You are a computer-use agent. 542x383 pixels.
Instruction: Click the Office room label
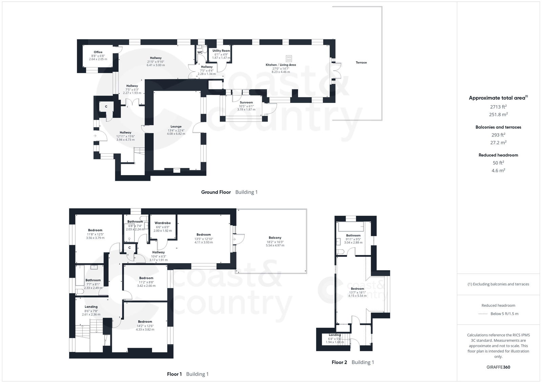click(98, 52)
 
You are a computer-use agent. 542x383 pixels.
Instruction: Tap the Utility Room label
click(221, 51)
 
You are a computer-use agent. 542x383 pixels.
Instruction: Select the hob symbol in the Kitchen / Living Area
click(289, 58)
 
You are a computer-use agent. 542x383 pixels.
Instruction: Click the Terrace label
click(361, 63)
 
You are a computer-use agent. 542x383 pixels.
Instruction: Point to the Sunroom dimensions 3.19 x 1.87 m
click(246, 110)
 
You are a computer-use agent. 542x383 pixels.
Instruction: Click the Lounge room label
click(176, 127)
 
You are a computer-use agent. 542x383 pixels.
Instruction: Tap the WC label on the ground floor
click(200, 52)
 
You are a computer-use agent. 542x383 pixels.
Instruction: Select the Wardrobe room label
click(163, 223)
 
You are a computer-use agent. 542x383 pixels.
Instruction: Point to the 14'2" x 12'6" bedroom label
click(145, 322)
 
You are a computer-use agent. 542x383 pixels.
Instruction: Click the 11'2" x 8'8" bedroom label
click(146, 278)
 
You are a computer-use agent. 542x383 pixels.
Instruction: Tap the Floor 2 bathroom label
click(353, 235)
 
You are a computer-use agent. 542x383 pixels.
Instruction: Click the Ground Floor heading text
click(216, 192)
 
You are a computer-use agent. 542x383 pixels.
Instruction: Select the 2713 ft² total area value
click(498, 107)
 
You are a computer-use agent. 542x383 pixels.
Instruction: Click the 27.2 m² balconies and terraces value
click(498, 143)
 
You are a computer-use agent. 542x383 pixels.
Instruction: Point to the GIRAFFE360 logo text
click(498, 367)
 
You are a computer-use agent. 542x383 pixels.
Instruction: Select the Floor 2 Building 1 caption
click(353, 362)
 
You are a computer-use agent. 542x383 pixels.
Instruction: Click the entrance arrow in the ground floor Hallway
click(95, 136)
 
